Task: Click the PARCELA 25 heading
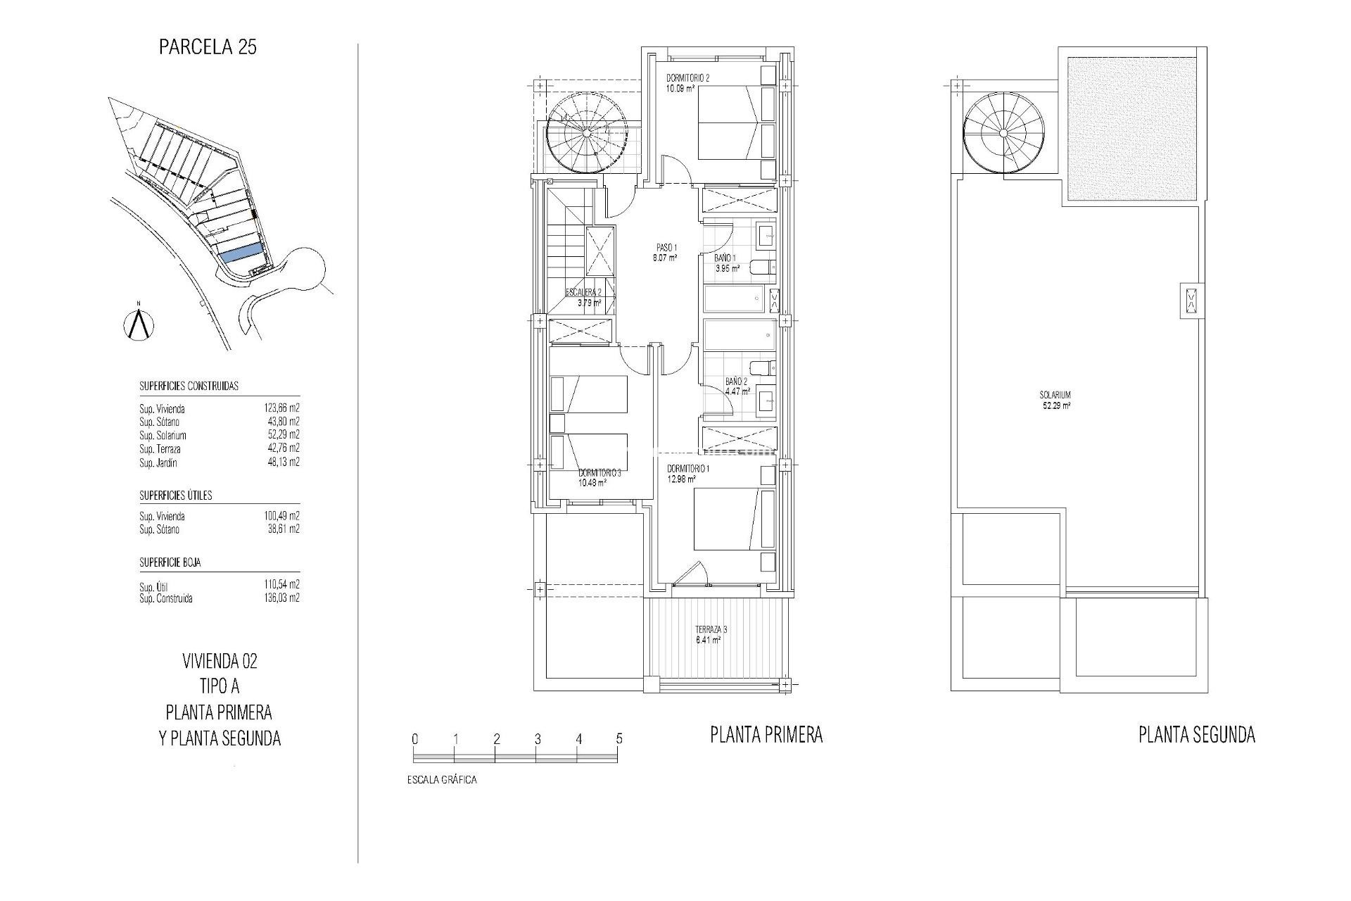click(x=208, y=47)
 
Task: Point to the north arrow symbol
click(x=139, y=325)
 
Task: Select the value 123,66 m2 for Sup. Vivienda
click(x=281, y=408)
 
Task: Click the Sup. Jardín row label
click(x=158, y=463)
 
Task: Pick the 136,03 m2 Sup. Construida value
click(x=281, y=598)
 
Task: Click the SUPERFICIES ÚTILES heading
click(x=175, y=496)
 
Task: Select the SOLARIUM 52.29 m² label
click(x=1055, y=400)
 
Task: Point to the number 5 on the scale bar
click(x=619, y=739)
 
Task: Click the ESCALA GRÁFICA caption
click(x=441, y=780)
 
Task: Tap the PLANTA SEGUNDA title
click(x=1196, y=736)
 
